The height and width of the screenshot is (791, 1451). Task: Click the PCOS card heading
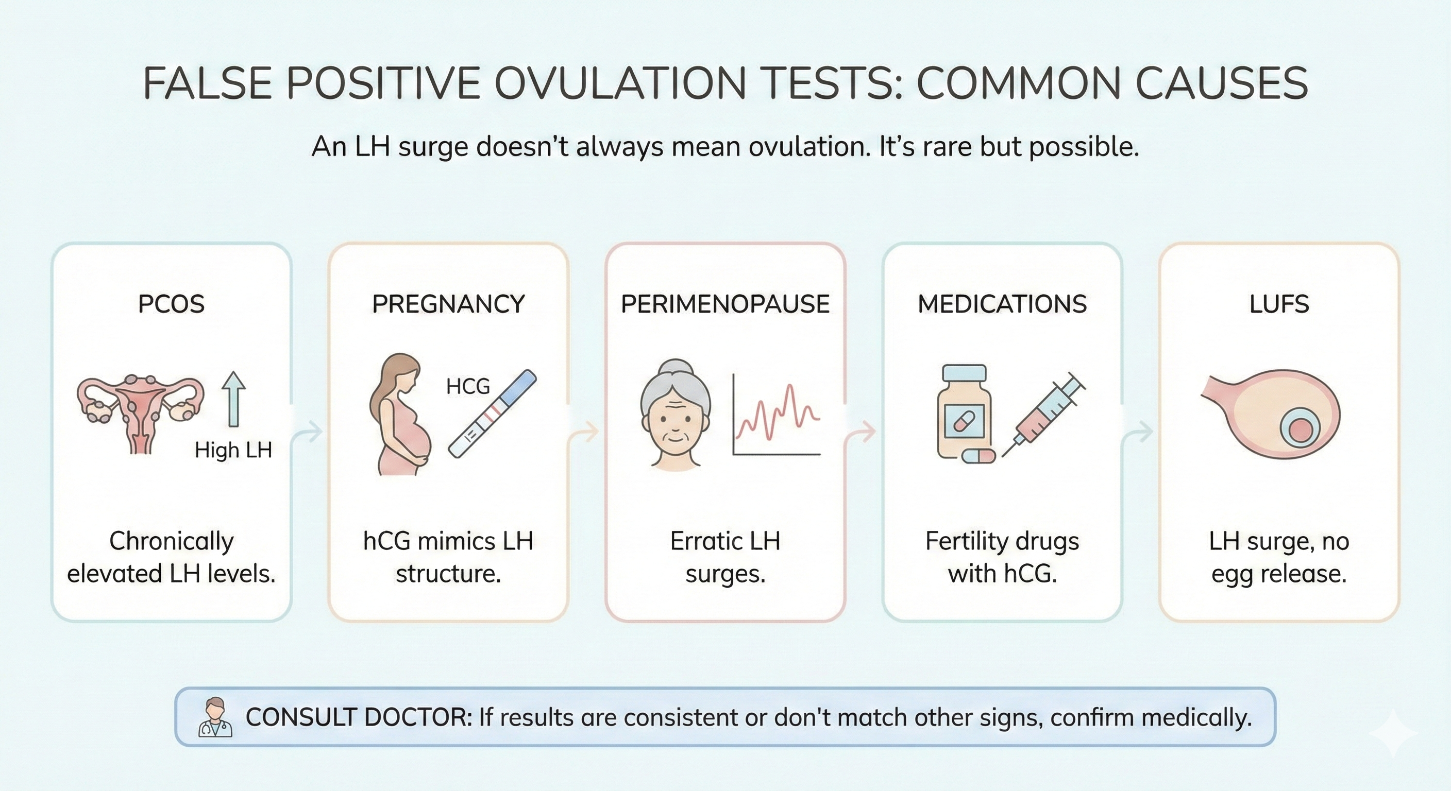pyautogui.click(x=171, y=304)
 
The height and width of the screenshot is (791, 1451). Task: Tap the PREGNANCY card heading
pyautogui.click(x=448, y=304)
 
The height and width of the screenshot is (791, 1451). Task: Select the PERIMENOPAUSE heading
pyautogui.click(x=725, y=304)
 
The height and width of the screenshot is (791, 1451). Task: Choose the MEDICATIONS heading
pyautogui.click(x=1002, y=304)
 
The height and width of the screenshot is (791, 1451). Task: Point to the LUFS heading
pyautogui.click(x=1278, y=304)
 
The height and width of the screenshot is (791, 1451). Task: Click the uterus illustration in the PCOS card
pyautogui.click(x=140, y=411)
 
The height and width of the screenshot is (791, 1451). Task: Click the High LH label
pyautogui.click(x=233, y=450)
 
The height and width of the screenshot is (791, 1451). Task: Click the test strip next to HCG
pyautogui.click(x=492, y=414)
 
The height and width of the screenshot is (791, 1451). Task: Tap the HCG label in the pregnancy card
pyautogui.click(x=467, y=386)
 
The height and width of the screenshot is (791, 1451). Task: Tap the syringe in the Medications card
pyautogui.click(x=1043, y=417)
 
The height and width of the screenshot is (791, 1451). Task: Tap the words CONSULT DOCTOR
pyautogui.click(x=358, y=717)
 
